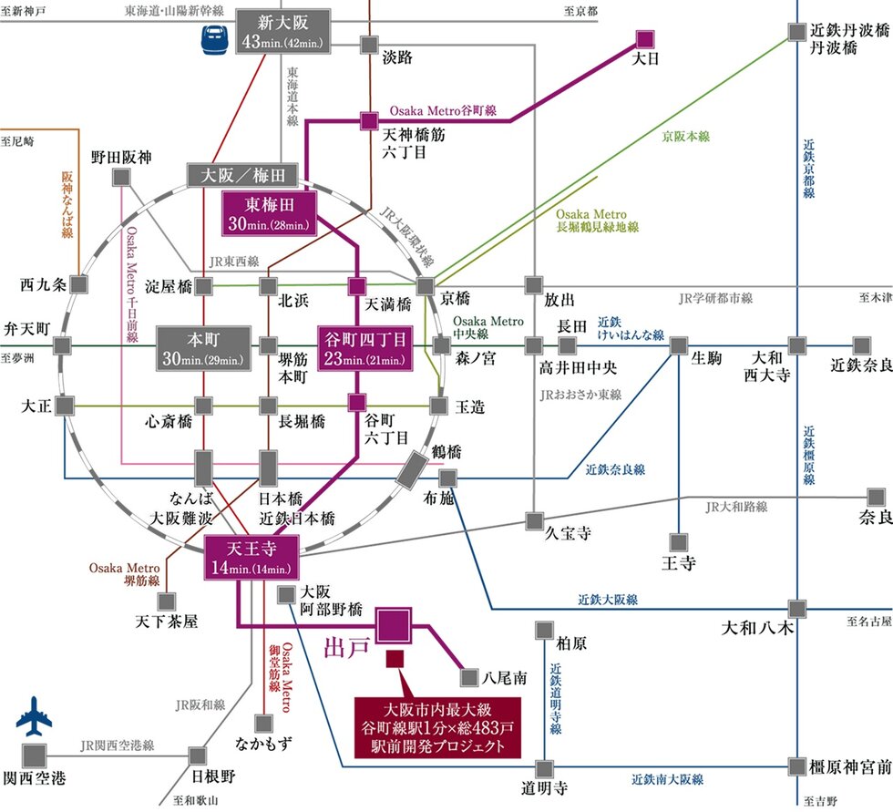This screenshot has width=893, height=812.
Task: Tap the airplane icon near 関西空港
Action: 36,718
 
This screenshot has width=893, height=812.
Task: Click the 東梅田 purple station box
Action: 269,212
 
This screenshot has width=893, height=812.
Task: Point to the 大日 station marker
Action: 645,40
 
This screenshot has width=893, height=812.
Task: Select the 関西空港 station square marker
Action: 36,755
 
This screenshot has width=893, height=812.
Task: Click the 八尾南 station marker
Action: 469,677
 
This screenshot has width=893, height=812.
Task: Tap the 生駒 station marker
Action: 679,345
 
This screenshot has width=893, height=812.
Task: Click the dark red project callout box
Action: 436,726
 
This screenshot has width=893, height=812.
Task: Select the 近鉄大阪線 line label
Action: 607,600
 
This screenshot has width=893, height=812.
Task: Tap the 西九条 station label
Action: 43,284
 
